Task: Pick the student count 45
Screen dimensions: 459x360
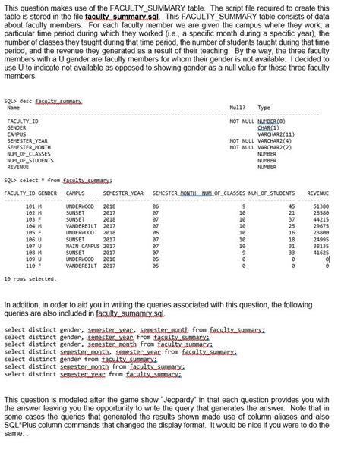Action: pos(291,206)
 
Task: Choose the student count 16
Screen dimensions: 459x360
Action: pos(291,232)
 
